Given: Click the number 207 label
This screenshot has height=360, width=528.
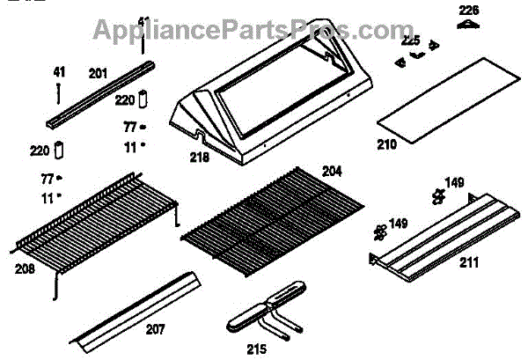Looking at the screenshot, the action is tap(155, 329).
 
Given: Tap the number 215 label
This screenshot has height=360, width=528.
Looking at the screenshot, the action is tap(256, 348).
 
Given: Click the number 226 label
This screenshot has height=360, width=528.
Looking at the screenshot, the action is tap(468, 10).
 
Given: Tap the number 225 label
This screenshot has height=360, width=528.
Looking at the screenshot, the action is tap(411, 40).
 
